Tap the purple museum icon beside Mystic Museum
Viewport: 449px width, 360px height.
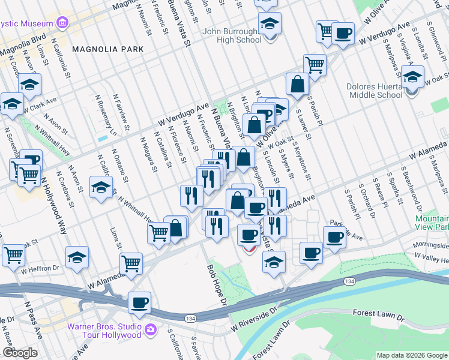pyautogui.click(x=62, y=23)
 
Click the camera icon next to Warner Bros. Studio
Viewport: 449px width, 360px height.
pyautogui.click(x=149, y=329)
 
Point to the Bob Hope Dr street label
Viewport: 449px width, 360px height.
pyautogui.click(x=217, y=284)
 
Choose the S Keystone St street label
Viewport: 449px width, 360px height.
pyautogui.click(x=302, y=160)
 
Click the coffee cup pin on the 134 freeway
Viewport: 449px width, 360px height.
pyautogui.click(x=140, y=303)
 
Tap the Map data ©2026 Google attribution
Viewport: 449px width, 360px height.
pyautogui.click(x=411, y=355)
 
